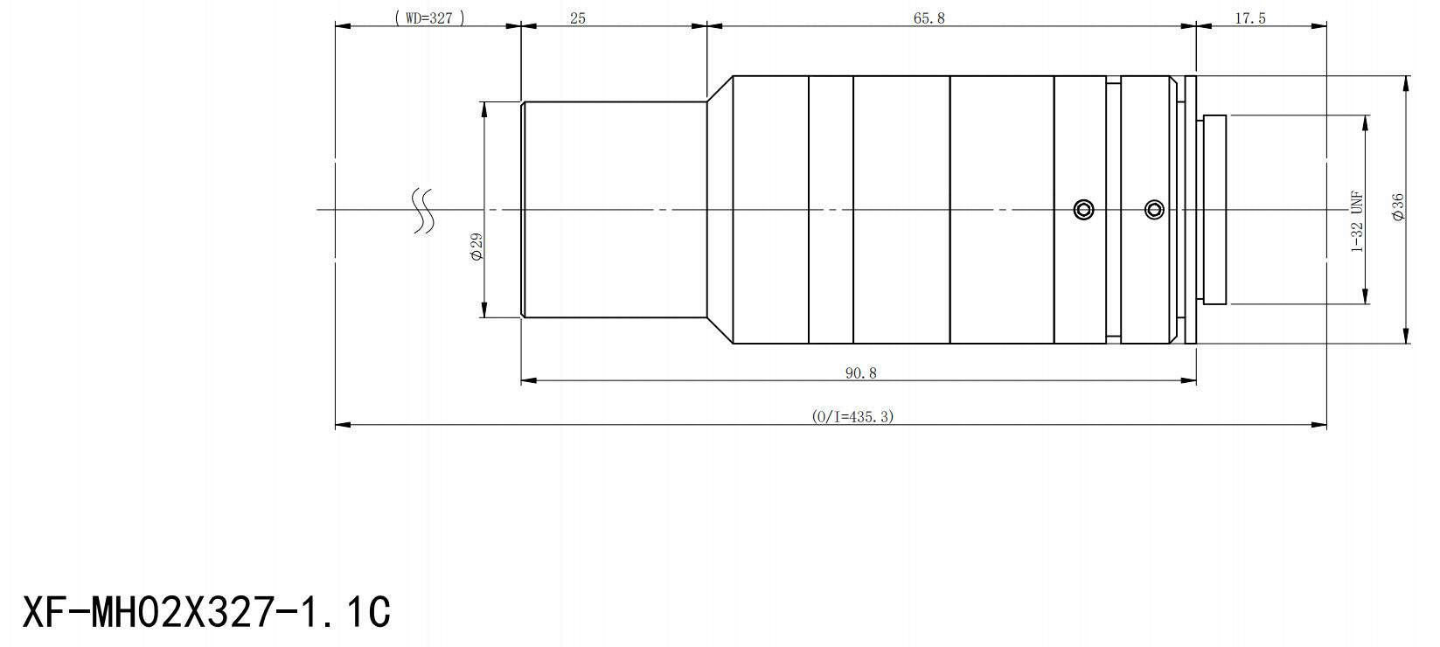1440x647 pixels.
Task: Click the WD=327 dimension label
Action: coord(428,18)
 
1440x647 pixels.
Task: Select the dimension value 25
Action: coord(578,18)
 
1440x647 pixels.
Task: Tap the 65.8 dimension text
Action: coord(929,18)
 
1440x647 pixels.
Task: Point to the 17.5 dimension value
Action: coord(1250,18)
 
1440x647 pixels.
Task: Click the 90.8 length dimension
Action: coord(861,373)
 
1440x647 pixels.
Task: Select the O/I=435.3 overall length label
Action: coord(852,417)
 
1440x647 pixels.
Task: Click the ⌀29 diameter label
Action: coord(477,247)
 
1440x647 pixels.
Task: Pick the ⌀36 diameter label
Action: coord(1397,208)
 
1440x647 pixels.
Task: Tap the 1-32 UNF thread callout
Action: coord(1357,221)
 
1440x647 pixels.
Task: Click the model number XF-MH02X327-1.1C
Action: coord(206,612)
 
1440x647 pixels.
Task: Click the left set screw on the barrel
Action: coord(1084,210)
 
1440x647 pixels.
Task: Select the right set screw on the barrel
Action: coord(1155,210)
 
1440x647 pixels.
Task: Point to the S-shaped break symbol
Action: coord(422,211)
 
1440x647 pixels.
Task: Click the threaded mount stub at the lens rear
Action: coord(1214,210)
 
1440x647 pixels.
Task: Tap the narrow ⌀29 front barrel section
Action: coord(614,210)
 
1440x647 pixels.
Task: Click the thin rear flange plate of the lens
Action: coord(1190,210)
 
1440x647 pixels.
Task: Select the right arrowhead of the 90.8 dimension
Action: coord(1188,380)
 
